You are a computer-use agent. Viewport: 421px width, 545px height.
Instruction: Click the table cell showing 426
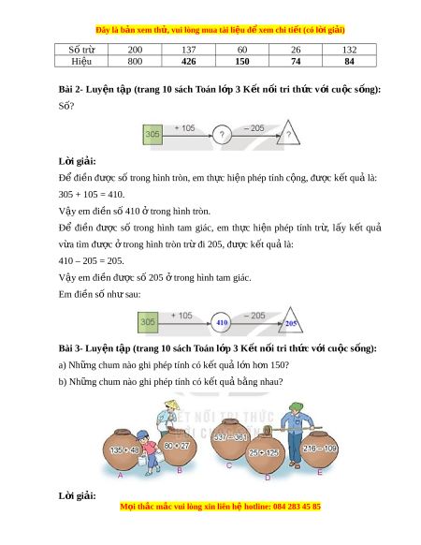(189, 61)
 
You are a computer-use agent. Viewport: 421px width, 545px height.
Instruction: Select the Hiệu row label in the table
(81, 61)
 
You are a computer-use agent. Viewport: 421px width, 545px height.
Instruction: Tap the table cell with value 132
(349, 50)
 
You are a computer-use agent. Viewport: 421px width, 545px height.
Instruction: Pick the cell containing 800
(135, 61)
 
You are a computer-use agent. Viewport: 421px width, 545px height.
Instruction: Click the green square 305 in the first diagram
(152, 135)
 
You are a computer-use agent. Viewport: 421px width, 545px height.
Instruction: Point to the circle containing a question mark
(222, 135)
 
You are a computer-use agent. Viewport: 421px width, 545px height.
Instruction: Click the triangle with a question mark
(288, 133)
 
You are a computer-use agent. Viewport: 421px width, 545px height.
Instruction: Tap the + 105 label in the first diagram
(185, 128)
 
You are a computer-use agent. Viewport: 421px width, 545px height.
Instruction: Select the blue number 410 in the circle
(222, 322)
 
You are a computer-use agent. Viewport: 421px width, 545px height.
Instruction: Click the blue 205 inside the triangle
(291, 324)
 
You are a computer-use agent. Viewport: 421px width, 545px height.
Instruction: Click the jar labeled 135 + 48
(123, 449)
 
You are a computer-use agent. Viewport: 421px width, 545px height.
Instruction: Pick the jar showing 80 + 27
(178, 447)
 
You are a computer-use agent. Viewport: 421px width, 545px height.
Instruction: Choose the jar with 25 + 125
(265, 453)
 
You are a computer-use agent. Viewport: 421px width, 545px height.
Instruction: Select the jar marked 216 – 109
(319, 449)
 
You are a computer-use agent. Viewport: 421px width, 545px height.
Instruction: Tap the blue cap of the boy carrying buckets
(142, 435)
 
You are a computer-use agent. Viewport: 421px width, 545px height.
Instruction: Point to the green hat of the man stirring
(297, 407)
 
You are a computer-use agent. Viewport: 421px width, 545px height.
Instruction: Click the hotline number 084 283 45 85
(297, 506)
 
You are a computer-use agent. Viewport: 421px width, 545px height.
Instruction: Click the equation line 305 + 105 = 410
(92, 194)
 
